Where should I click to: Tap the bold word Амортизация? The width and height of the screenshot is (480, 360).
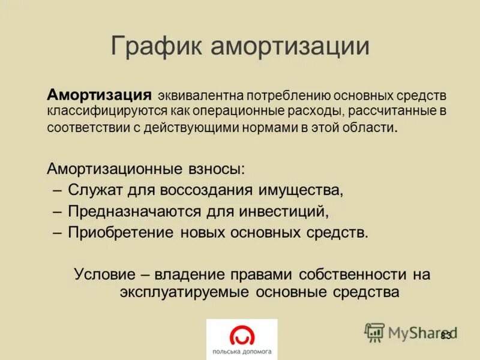(99, 95)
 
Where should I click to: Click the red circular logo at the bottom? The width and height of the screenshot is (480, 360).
(242, 334)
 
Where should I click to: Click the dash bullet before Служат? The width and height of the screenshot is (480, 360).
(57, 190)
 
